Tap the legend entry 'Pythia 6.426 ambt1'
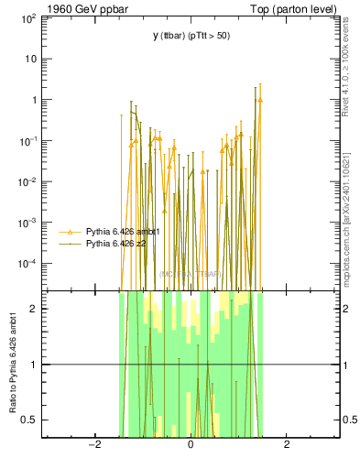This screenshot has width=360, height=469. [123, 232]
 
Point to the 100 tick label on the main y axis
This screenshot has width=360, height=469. [27, 18]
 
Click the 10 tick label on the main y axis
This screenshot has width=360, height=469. [30, 59]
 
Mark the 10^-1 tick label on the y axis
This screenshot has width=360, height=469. [27, 141]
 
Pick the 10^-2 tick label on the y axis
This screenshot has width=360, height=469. [27, 181]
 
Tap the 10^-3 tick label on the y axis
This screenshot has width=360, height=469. [27, 223]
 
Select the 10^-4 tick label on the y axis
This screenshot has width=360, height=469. [27, 264]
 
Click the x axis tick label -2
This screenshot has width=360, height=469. [93, 445]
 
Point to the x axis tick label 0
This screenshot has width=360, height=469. [191, 445]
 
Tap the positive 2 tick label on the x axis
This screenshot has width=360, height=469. [287, 445]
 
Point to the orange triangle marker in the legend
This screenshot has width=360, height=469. [70, 232]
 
